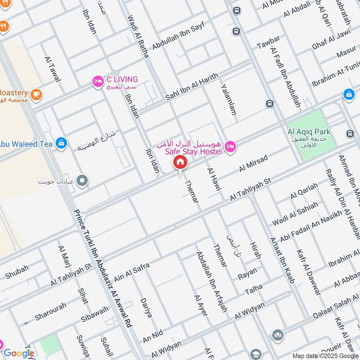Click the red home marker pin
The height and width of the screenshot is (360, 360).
180,162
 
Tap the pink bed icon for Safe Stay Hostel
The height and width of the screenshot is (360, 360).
230,146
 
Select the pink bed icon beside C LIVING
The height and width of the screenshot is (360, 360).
97,81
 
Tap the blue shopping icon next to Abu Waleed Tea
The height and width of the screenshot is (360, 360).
61,144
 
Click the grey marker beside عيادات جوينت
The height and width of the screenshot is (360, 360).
82,181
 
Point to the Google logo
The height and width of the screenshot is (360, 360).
18,354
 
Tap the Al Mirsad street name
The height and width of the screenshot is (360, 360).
253,163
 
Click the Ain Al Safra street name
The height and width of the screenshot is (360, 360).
131,271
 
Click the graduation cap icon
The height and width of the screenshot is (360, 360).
255,354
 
